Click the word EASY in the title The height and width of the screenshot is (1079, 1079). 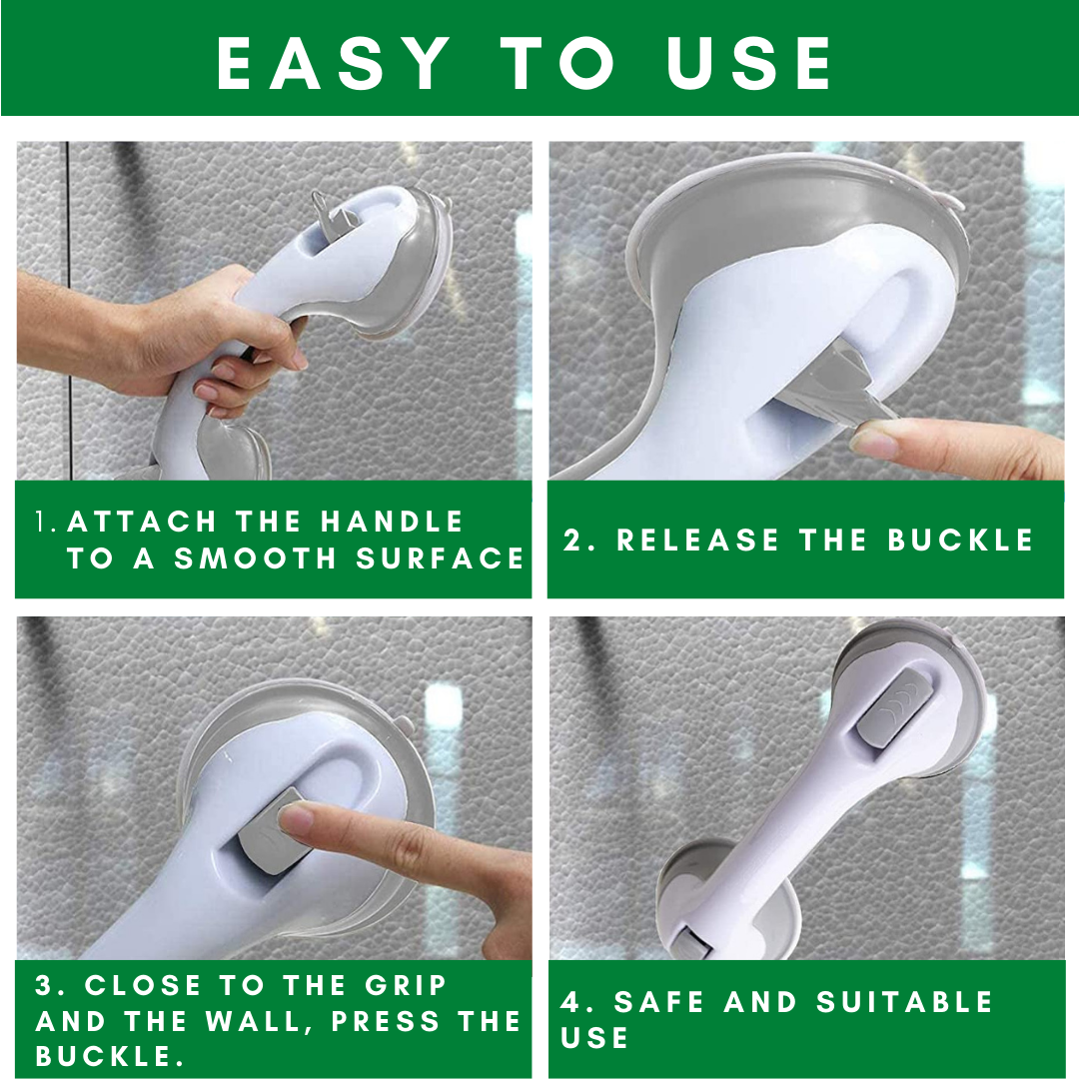point(333,63)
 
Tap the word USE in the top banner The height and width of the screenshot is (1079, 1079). point(748,63)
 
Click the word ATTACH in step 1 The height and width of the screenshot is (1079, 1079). point(142,522)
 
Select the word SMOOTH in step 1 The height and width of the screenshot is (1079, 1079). point(255,558)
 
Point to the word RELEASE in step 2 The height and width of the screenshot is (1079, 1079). point(697,539)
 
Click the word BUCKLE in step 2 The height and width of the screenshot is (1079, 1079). point(961,539)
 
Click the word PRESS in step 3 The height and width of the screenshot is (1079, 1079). point(386,1021)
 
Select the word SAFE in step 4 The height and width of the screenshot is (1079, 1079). point(659,1002)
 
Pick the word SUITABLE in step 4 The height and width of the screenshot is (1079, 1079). point(905,1002)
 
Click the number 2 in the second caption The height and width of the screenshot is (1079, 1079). point(572,539)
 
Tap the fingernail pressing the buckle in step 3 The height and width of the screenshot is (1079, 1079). point(296,819)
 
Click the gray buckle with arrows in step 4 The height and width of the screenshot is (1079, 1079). point(892,711)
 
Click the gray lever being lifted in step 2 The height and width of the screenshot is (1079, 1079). point(838,390)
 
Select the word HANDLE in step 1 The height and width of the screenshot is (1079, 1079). point(393,522)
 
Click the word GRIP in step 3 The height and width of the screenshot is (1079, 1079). point(406,985)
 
